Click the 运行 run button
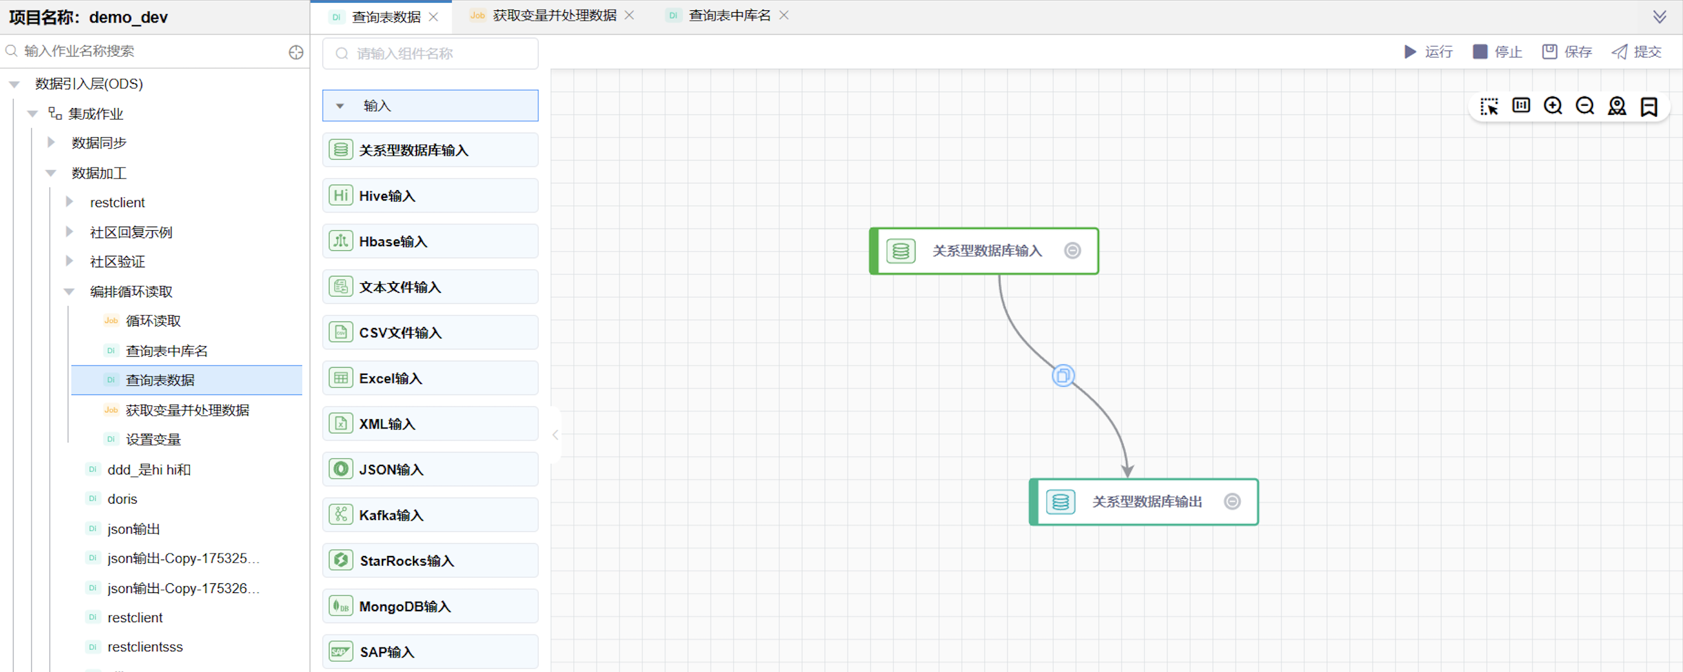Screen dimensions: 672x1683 pyautogui.click(x=1428, y=52)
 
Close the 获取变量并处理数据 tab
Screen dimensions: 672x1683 pyautogui.click(x=629, y=15)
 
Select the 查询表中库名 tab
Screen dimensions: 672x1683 pyautogui.click(x=728, y=15)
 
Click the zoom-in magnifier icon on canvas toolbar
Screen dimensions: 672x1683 pyautogui.click(x=1552, y=106)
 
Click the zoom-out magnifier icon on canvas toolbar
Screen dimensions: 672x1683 pyautogui.click(x=1585, y=106)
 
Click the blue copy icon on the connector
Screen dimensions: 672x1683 pyautogui.click(x=1063, y=375)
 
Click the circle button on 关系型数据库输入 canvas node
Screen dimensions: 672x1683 pyautogui.click(x=1072, y=251)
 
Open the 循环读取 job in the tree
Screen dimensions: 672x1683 pyautogui.click(x=153, y=321)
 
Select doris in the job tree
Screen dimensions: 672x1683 pyautogui.click(x=122, y=499)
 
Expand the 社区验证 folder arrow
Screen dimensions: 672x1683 pyautogui.click(x=69, y=261)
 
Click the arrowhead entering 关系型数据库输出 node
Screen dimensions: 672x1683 pyautogui.click(x=1127, y=470)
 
